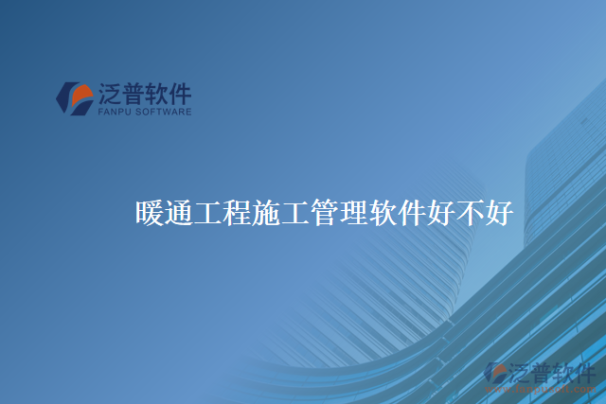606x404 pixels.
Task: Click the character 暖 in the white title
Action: point(150,213)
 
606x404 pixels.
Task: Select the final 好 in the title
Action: point(499,213)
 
